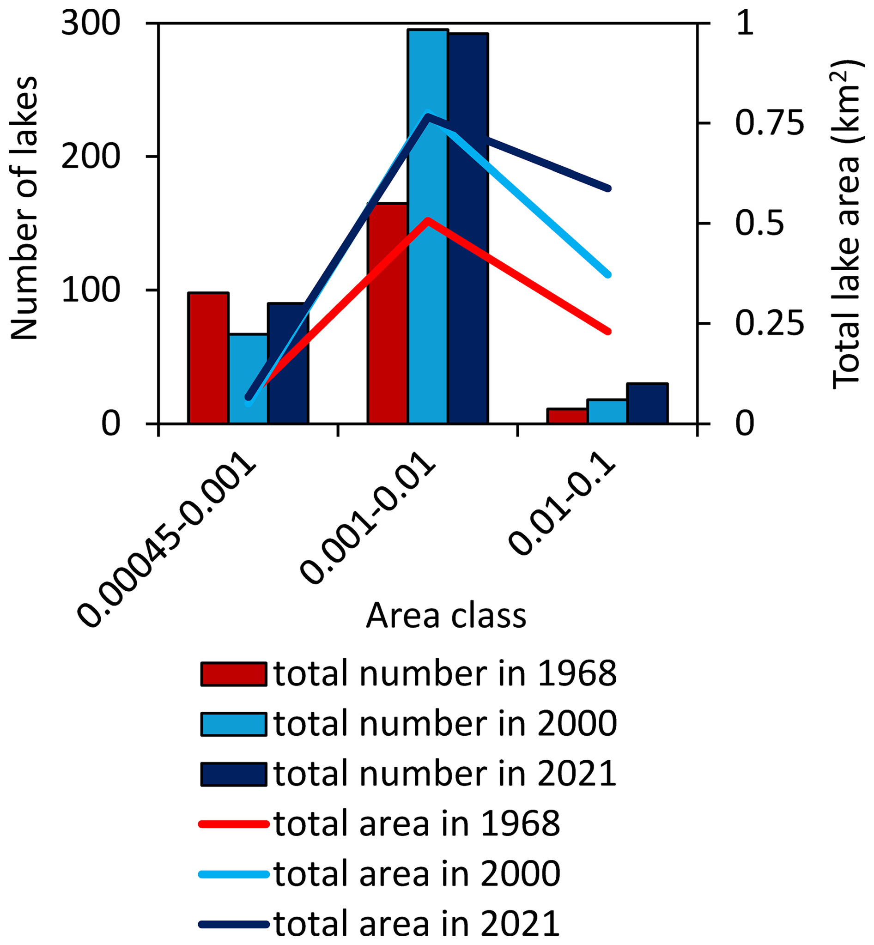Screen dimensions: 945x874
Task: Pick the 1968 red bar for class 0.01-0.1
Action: [x=567, y=416]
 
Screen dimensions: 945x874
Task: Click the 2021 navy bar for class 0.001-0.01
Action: [x=468, y=284]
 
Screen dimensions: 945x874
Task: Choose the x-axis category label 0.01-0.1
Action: [x=563, y=509]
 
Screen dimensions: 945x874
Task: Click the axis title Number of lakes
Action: [x=24, y=208]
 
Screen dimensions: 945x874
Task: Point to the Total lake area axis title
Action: [x=847, y=224]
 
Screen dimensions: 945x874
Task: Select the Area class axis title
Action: [x=445, y=616]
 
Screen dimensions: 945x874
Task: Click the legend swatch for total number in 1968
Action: [x=233, y=674]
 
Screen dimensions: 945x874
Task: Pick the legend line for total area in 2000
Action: [x=233, y=874]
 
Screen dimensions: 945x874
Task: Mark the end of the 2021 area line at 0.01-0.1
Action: [x=608, y=188]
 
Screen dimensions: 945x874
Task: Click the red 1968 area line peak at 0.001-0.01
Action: [x=428, y=220]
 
